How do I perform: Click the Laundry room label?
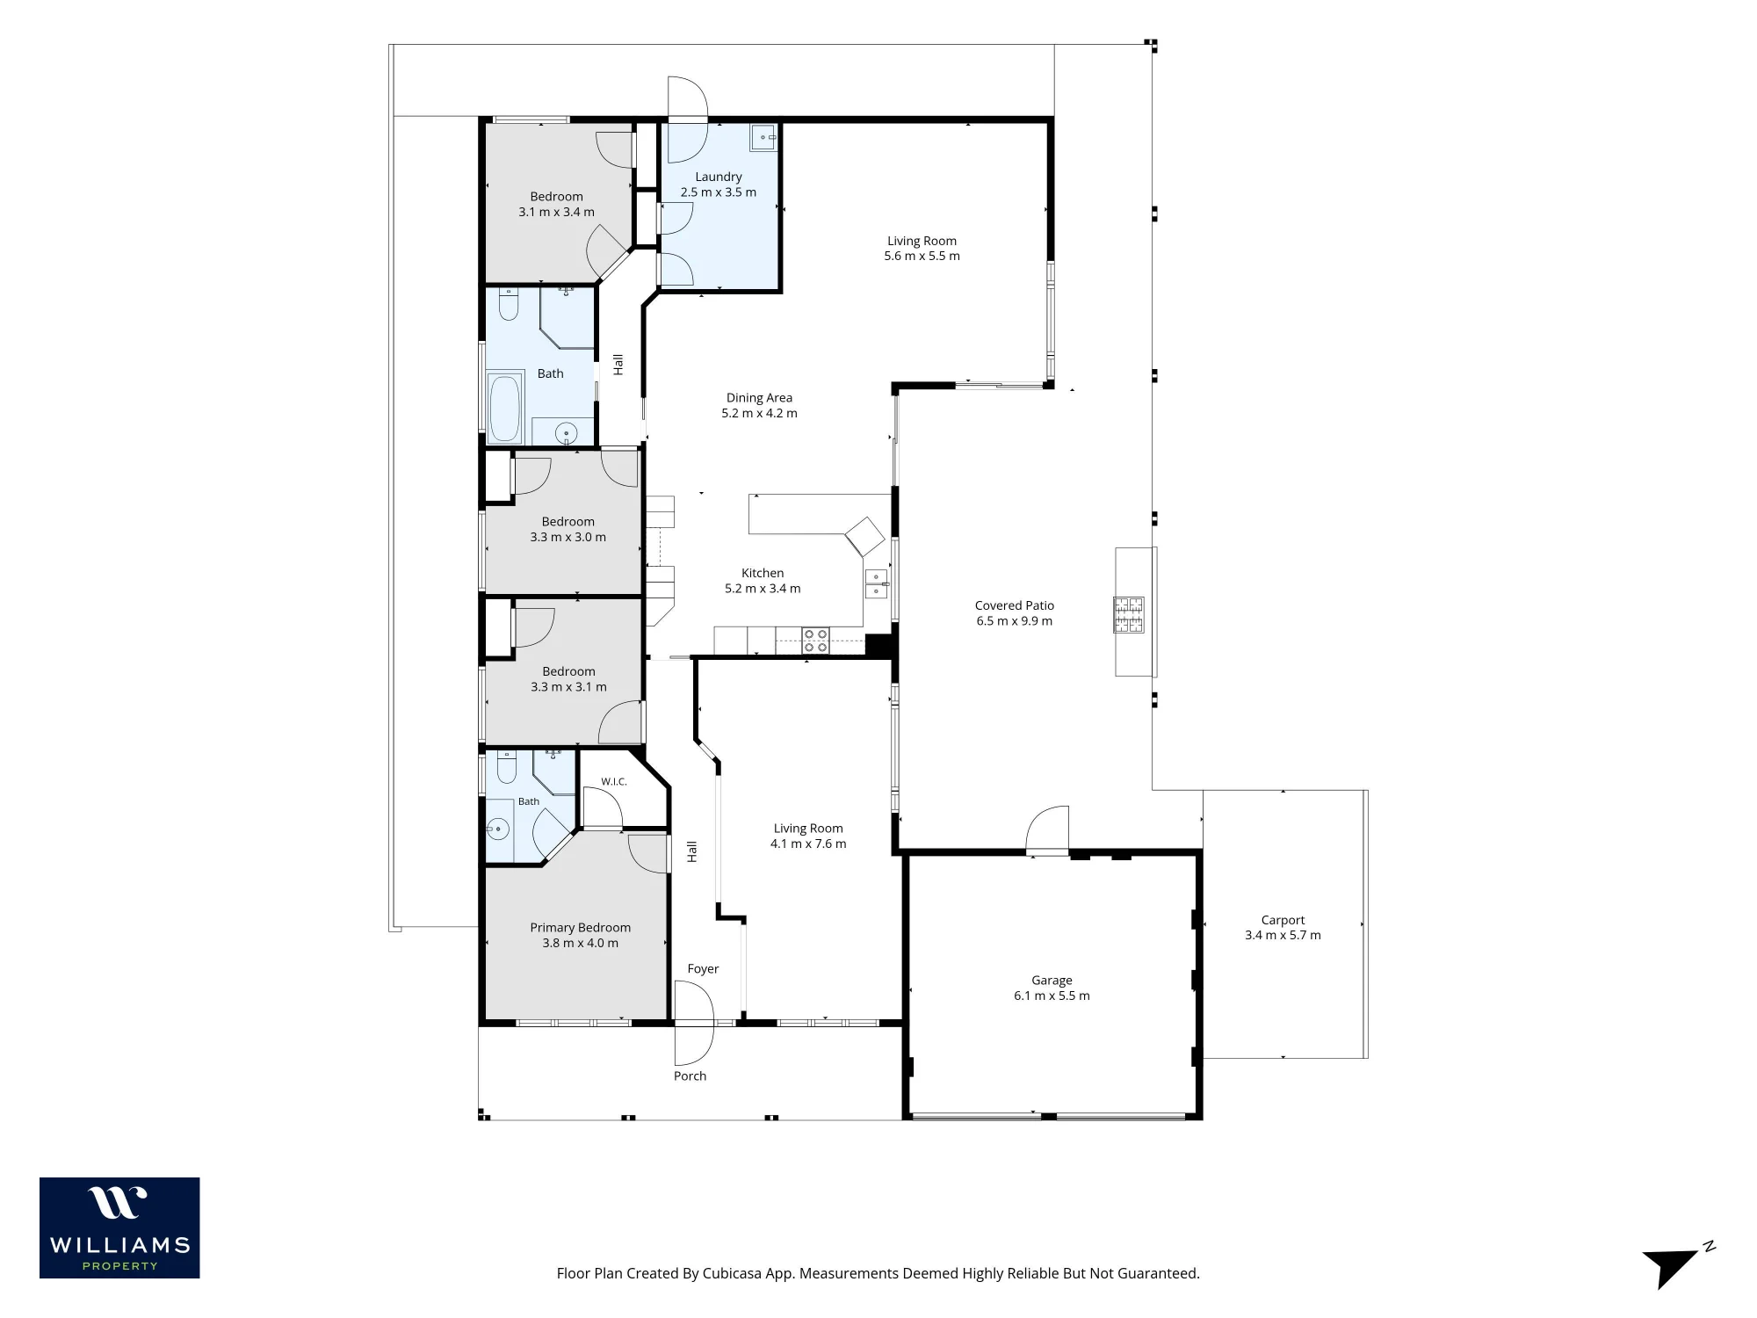pos(718,177)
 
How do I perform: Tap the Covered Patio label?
pos(1014,605)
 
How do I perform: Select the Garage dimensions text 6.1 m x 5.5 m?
pos(1052,996)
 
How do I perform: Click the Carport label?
pos(1283,920)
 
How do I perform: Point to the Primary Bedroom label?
pos(580,928)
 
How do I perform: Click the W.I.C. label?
pos(613,781)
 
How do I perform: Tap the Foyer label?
pos(703,968)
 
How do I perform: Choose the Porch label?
pos(690,1075)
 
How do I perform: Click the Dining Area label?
pos(759,398)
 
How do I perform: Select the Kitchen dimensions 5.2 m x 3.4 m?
pos(763,589)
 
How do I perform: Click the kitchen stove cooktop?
pos(815,641)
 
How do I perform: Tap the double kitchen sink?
pos(877,584)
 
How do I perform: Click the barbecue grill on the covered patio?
pos(1129,614)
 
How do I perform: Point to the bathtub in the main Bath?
pos(504,409)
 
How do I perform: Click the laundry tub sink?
pos(763,137)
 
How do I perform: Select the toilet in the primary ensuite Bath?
pos(506,767)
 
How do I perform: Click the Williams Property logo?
pos(119,1227)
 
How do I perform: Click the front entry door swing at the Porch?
pos(694,1023)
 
